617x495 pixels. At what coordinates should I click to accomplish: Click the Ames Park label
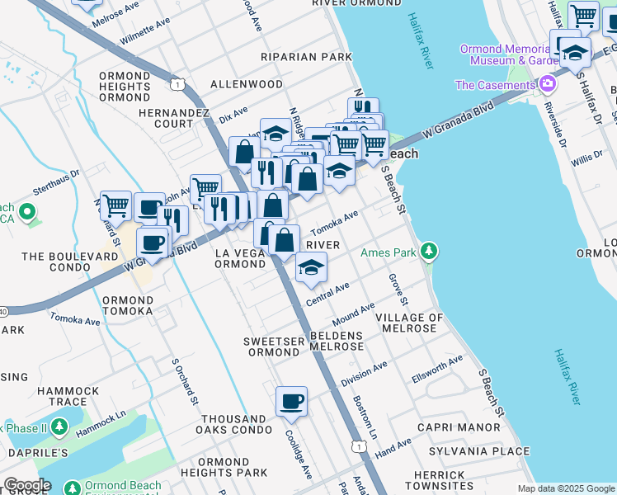(x=389, y=252)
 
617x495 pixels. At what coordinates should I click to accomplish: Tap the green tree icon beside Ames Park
(x=427, y=251)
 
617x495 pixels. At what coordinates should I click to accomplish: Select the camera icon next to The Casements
(x=546, y=84)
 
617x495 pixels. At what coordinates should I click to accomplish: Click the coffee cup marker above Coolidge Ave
(x=291, y=402)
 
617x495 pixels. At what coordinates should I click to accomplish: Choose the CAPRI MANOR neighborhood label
(x=459, y=427)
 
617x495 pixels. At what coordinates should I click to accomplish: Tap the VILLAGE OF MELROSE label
(x=409, y=323)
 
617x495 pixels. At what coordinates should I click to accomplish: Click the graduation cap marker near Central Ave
(x=311, y=267)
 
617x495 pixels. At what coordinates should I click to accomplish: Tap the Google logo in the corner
(x=26, y=485)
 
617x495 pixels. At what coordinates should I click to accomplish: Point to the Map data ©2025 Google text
(x=566, y=488)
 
